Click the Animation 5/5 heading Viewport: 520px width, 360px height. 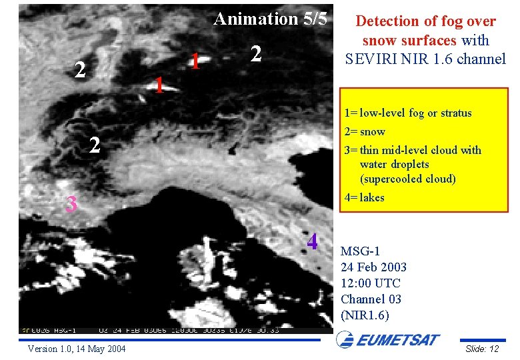[x=270, y=19]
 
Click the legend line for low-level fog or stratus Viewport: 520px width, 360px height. [x=408, y=113]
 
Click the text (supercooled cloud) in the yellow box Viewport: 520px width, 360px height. [x=408, y=179]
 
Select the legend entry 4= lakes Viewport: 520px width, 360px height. [x=365, y=197]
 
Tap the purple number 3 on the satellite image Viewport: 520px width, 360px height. [x=71, y=205]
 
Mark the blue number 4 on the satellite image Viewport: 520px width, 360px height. [x=312, y=242]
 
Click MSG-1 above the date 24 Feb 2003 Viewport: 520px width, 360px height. [x=360, y=251]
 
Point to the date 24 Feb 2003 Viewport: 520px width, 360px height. [x=373, y=267]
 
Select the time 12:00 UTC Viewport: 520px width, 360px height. [x=371, y=283]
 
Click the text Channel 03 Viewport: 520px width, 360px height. [x=371, y=299]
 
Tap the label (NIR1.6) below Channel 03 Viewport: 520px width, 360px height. [x=364, y=315]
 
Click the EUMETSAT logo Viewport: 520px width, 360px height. [x=388, y=341]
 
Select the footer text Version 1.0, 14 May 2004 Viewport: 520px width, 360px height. [x=77, y=349]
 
